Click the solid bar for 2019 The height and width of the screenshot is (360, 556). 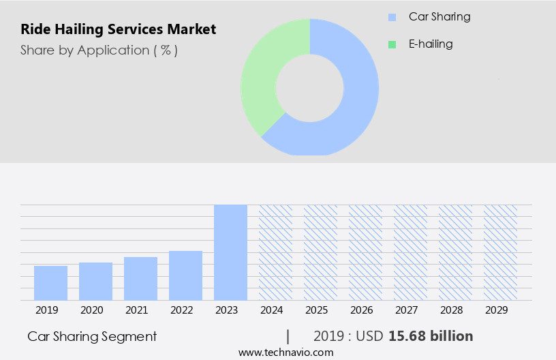tap(50, 283)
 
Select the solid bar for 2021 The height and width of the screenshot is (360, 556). tap(140, 278)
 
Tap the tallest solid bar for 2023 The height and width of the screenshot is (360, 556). tap(230, 252)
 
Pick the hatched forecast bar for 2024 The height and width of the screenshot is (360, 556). tap(275, 252)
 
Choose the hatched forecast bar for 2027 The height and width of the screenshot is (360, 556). tap(410, 252)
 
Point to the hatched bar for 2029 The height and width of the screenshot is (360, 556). tap(500, 252)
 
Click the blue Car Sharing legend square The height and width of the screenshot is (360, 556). tap(392, 16)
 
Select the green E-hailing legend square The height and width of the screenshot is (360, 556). tap(392, 44)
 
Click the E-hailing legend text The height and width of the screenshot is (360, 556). tap(431, 44)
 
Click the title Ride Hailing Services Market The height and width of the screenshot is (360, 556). tap(119, 29)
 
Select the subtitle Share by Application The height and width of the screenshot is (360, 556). tap(99, 50)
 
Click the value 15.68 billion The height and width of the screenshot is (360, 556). tap(431, 336)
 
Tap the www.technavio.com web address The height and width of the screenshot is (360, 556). tap(286, 352)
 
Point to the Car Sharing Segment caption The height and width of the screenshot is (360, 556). tap(92, 336)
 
